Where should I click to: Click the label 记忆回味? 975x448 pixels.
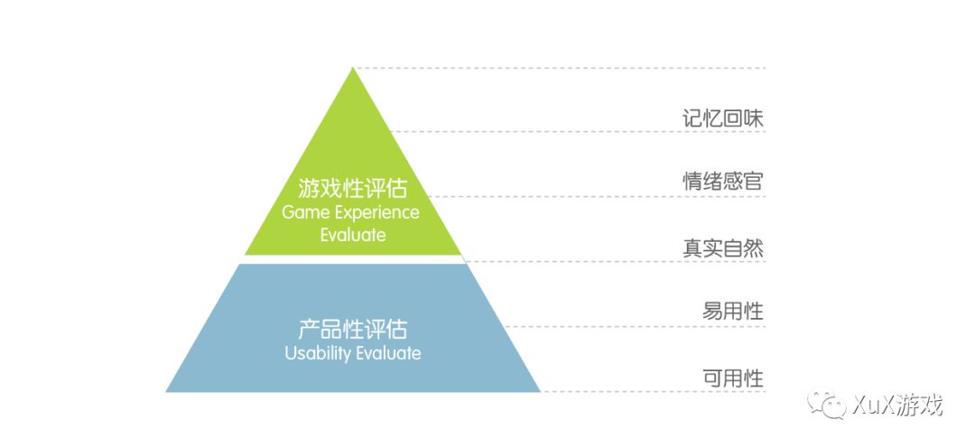coord(723,118)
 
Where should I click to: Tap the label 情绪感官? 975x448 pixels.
coord(723,182)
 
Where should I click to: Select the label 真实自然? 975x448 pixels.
coord(723,247)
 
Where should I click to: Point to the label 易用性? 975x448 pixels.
coord(733,313)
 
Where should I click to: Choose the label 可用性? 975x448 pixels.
coord(733,378)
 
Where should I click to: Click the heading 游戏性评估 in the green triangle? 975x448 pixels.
coord(352,190)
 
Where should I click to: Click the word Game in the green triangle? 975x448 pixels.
coord(302,213)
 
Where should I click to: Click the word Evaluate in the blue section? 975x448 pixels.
coord(387,353)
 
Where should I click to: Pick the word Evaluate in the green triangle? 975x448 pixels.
coord(353,235)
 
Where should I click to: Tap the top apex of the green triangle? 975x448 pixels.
coord(353,69)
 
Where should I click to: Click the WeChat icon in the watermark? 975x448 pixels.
coord(828,406)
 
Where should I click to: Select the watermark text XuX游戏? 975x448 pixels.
coord(896,406)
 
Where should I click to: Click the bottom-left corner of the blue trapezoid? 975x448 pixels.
coord(168,391)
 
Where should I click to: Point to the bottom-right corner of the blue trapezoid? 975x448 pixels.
coord(539,391)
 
